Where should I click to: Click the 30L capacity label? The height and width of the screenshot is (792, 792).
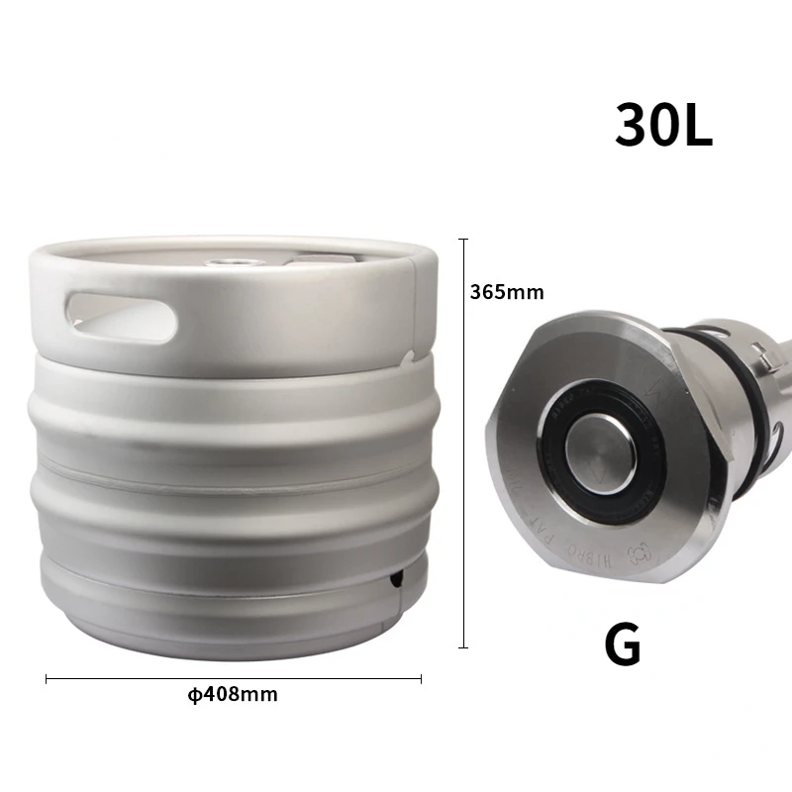pos(663,126)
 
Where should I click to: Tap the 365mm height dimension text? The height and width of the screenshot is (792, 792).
pos(507,292)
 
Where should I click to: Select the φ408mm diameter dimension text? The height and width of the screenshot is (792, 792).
pos(233,694)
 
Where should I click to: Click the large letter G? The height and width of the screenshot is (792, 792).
pos(623,645)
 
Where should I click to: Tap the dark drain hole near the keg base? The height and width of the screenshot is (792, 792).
pos(395,577)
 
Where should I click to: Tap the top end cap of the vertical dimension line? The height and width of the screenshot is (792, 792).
pos(462,238)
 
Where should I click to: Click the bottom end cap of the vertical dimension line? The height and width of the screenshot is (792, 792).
pos(462,648)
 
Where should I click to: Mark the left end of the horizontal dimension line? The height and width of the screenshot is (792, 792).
pos(47,679)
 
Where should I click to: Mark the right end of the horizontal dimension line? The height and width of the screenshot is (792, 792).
pos(422,679)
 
